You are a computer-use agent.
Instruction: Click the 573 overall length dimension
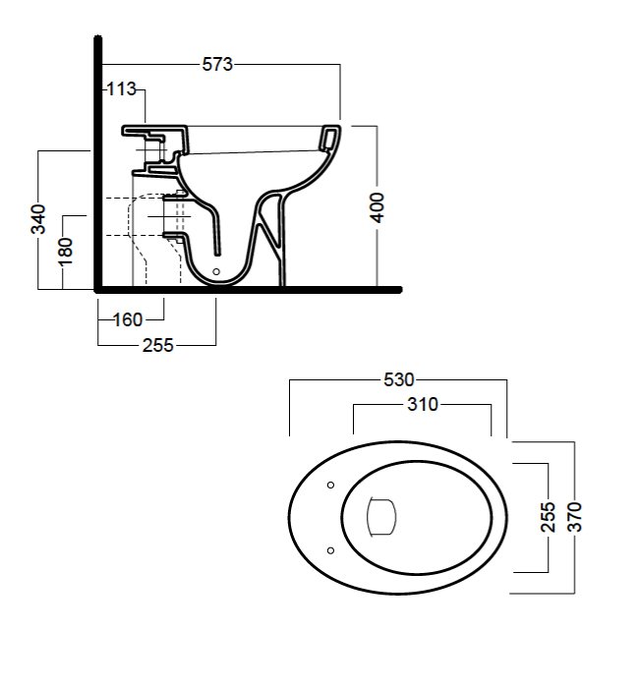pyautogui.click(x=217, y=64)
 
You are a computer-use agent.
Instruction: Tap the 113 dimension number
pyautogui.click(x=121, y=90)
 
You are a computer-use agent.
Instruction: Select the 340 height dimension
pyautogui.click(x=38, y=219)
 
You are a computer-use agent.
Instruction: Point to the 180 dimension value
pyautogui.click(x=65, y=252)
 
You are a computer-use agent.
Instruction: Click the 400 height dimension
pyautogui.click(x=378, y=207)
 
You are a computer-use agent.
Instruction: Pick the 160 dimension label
pyautogui.click(x=129, y=318)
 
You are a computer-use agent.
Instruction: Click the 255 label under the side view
pyautogui.click(x=157, y=345)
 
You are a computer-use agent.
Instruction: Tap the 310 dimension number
pyautogui.click(x=422, y=404)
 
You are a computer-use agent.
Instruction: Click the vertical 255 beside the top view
pyautogui.click(x=549, y=517)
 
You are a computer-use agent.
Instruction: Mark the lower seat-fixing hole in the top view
pyautogui.click(x=329, y=548)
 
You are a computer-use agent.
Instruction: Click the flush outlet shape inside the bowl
pyautogui.click(x=380, y=516)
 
